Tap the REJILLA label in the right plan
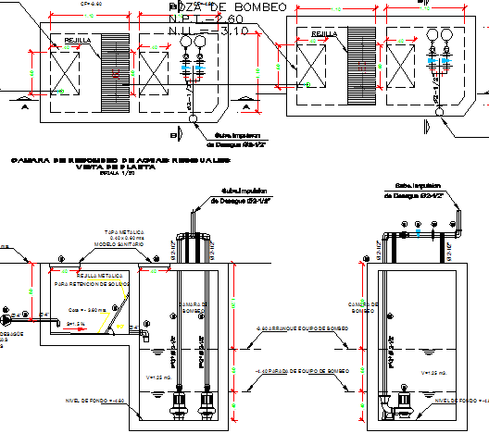[x=323, y=34]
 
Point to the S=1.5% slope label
[x=76, y=324]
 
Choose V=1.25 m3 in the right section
[x=433, y=372]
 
